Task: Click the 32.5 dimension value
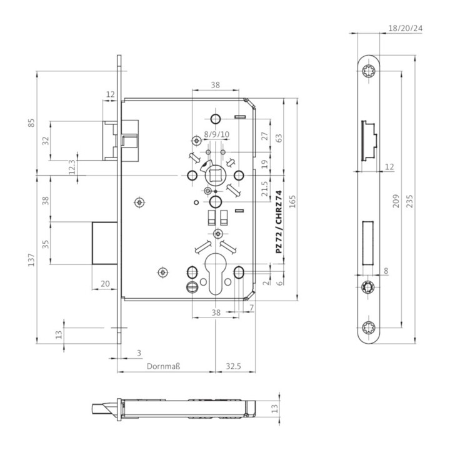pyautogui.click(x=234, y=366)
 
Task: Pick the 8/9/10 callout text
pyautogui.click(x=216, y=135)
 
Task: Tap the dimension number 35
pyautogui.click(x=45, y=244)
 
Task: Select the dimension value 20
pyautogui.click(x=105, y=284)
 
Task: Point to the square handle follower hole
pyautogui.click(x=215, y=176)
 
